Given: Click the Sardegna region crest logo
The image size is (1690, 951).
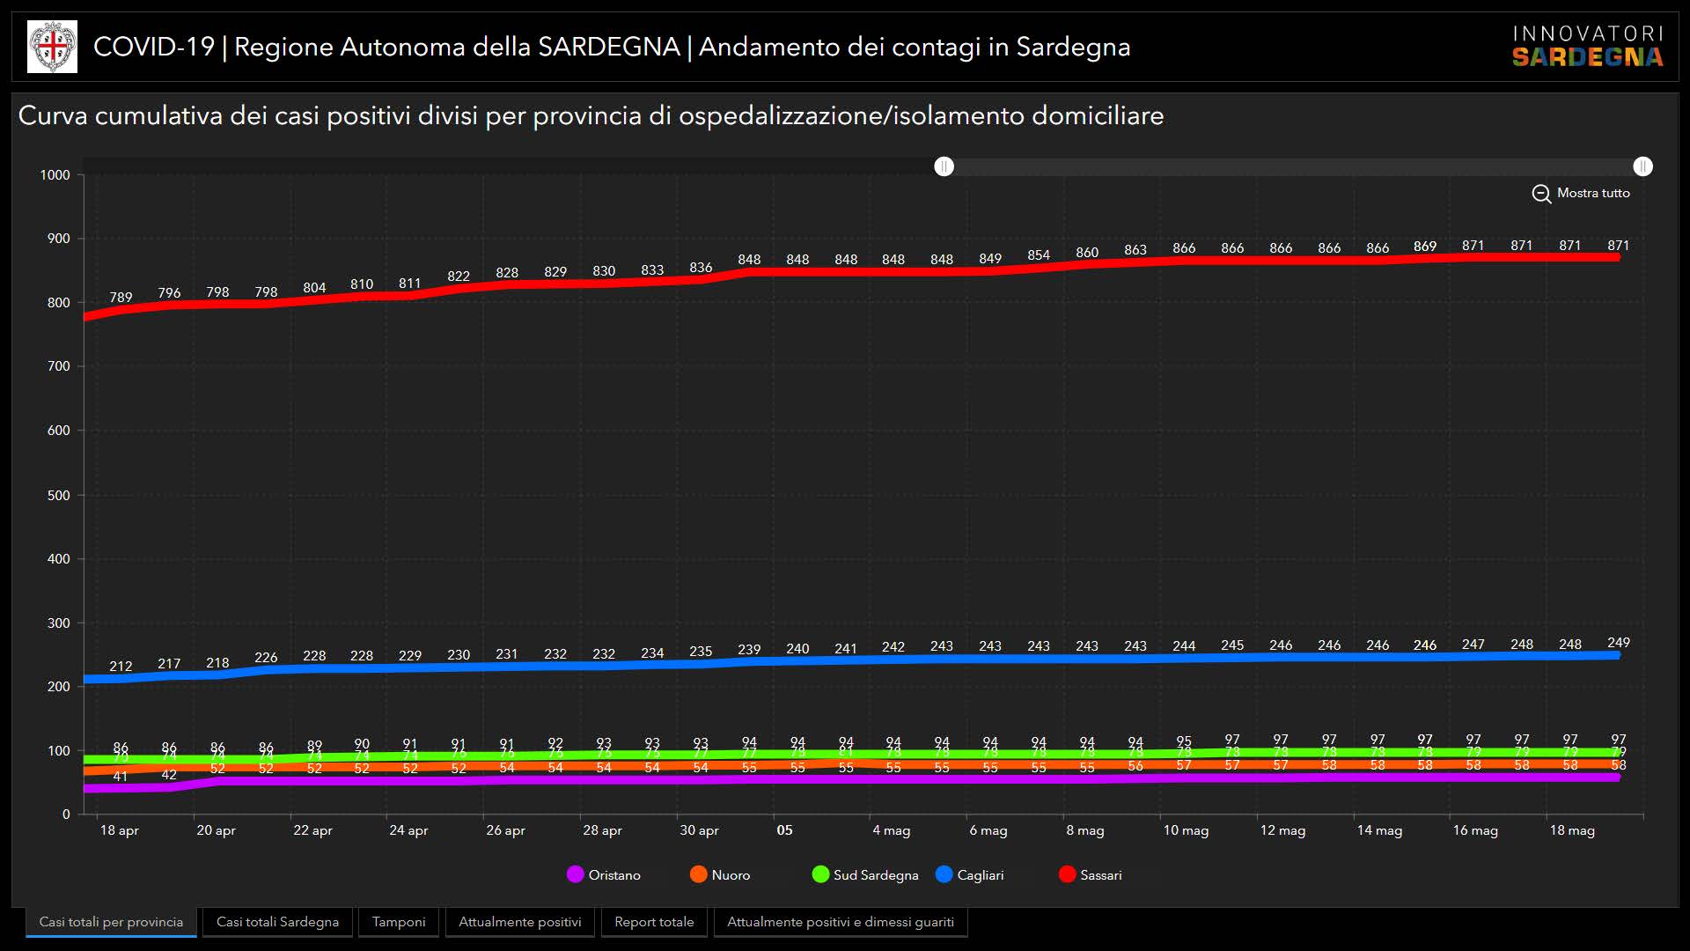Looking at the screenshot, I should [53, 47].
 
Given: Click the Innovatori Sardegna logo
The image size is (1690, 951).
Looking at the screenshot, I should [1587, 47].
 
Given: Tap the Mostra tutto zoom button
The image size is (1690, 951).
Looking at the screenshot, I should [1581, 193].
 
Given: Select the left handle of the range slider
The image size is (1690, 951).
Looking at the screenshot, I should [944, 166].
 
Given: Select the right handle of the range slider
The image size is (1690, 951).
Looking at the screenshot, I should [1642, 166].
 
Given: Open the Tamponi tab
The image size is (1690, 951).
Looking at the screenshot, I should [399, 922].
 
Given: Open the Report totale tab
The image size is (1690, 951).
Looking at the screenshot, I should [654, 922].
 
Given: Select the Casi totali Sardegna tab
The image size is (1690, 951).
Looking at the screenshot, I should [277, 922].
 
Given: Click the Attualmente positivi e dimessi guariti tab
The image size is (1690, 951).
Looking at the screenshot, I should [841, 922].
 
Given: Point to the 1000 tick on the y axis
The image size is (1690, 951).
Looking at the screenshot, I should [55, 175].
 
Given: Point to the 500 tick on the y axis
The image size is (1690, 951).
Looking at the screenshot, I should [58, 495].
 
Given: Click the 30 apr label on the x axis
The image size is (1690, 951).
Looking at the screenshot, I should [699, 830].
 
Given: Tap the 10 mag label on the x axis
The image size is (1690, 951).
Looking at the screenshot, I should [1186, 830].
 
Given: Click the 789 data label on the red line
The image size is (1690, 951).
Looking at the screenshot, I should [121, 298].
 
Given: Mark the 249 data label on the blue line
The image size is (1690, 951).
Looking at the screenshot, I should [1618, 643].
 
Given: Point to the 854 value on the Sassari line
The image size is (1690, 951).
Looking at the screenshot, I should [1039, 255].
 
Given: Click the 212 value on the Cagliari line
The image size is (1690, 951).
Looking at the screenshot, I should [121, 667].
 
